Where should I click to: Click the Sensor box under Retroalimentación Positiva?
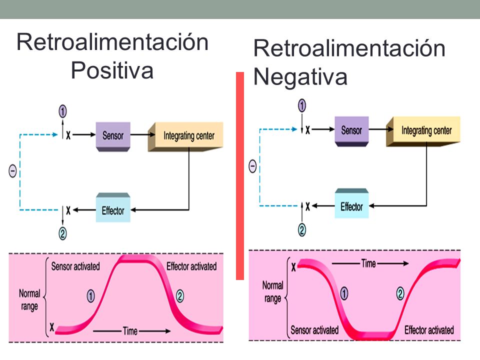pyautogui.click(x=113, y=136)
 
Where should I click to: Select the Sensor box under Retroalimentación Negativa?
pyautogui.click(x=351, y=131)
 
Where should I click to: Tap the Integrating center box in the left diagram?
pyautogui.click(x=186, y=136)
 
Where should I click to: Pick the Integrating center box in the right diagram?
pyautogui.click(x=423, y=131)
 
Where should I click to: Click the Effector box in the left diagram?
pyautogui.click(x=113, y=207)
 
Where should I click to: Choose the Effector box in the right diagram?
pyautogui.click(x=351, y=203)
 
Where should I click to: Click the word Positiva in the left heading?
pyautogui.click(x=112, y=70)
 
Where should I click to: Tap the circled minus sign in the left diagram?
pyautogui.click(x=12, y=171)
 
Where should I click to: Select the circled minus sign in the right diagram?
pyautogui.click(x=252, y=166)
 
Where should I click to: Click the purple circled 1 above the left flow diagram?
pyautogui.click(x=63, y=111)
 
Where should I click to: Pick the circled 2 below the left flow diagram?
pyautogui.click(x=63, y=233)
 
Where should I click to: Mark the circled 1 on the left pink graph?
pyautogui.click(x=91, y=296)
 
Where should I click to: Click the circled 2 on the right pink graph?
pyautogui.click(x=400, y=293)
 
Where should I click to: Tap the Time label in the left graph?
pyautogui.click(x=130, y=331)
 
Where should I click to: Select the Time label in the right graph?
pyautogui.click(x=368, y=263)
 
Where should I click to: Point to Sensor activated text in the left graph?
pyautogui.click(x=75, y=266)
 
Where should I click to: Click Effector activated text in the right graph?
pyautogui.click(x=429, y=330)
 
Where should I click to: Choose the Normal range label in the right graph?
pyautogui.click(x=273, y=291)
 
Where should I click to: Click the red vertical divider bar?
pyautogui.click(x=240, y=176)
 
